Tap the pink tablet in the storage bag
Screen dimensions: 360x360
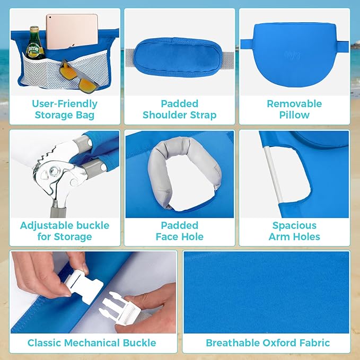71,31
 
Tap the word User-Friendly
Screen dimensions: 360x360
65,103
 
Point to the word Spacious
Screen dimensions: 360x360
294,225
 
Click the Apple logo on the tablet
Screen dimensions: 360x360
71,30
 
